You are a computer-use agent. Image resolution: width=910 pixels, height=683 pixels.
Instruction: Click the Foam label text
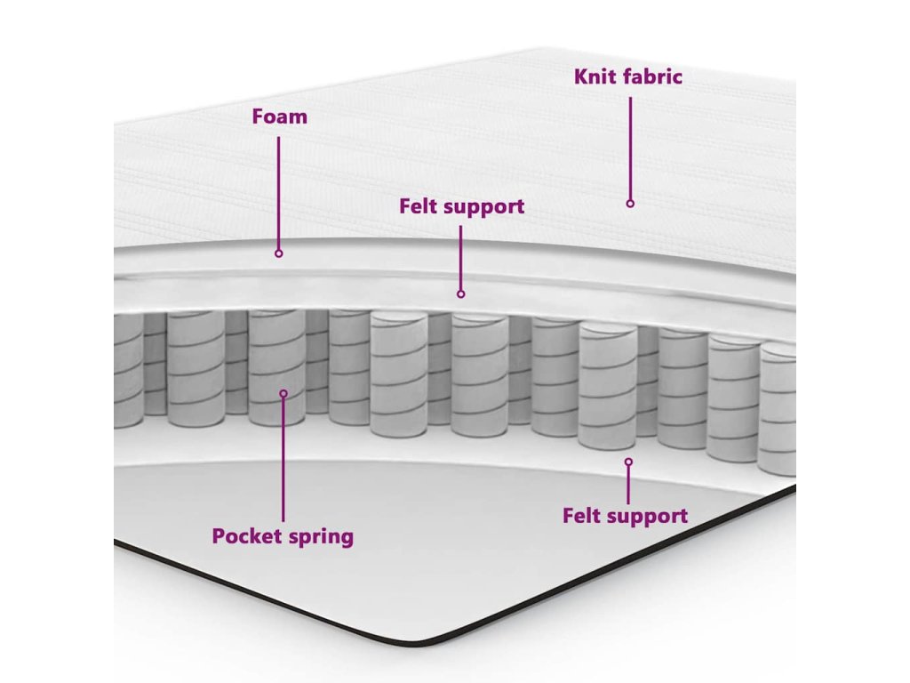pos(279,117)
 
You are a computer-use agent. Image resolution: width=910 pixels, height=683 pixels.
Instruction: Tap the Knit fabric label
pos(628,76)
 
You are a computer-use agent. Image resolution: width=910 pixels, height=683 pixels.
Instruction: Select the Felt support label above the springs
pos(461,207)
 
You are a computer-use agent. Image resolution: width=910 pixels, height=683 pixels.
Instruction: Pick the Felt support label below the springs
pos(625,516)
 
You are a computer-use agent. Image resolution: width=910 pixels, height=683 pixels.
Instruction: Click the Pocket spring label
pos(283,536)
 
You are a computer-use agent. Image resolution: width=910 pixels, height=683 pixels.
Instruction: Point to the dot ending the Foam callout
pos(278,253)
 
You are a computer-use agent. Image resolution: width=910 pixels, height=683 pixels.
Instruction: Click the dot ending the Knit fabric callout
pos(630,204)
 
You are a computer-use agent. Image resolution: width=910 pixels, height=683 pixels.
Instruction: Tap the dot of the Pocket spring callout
pos(283,393)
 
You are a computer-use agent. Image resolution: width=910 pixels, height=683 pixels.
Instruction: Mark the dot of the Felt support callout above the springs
pos(460,293)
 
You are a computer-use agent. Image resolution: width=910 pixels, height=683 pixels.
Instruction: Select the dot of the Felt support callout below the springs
pos(628,462)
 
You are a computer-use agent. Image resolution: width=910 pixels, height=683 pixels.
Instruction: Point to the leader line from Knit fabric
pos(630,147)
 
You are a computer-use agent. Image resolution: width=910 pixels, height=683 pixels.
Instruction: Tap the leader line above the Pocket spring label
pos(283,458)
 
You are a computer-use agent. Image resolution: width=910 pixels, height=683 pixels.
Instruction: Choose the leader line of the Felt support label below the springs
pos(628,484)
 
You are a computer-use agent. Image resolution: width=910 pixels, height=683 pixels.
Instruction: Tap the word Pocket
pos(243,536)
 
